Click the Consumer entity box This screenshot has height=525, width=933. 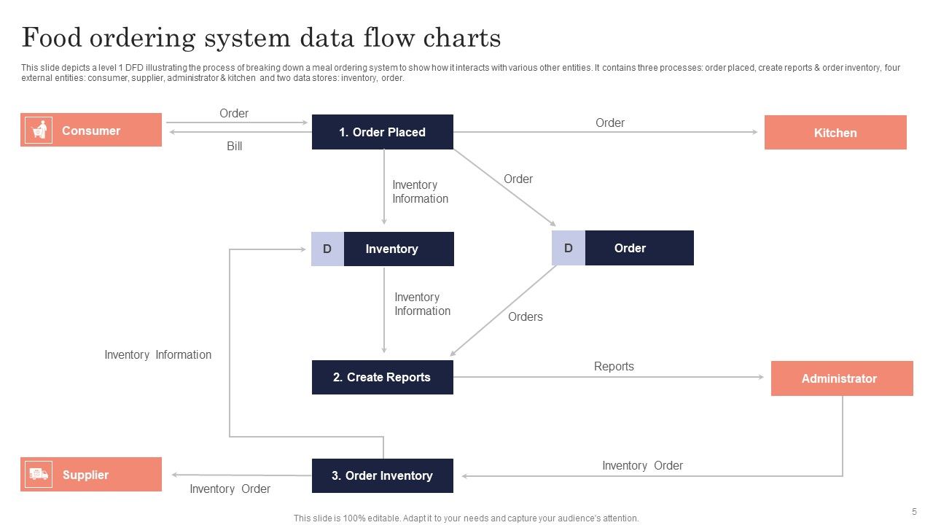pyautogui.click(x=91, y=131)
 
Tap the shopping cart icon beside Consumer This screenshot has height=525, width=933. pyautogui.click(x=39, y=131)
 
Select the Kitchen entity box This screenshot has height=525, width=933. pyautogui.click(x=835, y=133)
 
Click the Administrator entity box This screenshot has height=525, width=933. pyautogui.click(x=842, y=378)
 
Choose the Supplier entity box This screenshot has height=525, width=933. pyautogui.click(x=91, y=475)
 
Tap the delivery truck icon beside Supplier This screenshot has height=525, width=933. pyautogui.click(x=39, y=475)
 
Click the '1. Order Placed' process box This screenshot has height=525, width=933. pyautogui.click(x=382, y=132)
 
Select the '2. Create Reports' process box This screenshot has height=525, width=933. pyautogui.click(x=382, y=377)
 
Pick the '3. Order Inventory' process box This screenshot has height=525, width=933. pyautogui.click(x=382, y=475)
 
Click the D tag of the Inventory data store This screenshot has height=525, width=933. pyautogui.click(x=327, y=249)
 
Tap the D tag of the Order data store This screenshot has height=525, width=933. pyautogui.click(x=568, y=248)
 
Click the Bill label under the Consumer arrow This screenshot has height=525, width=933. pyautogui.click(x=234, y=147)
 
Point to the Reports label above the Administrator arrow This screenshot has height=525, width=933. pyautogui.click(x=614, y=366)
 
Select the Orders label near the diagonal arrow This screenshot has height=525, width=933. pyautogui.click(x=525, y=316)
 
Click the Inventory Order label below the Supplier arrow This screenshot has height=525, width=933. pyautogui.click(x=230, y=489)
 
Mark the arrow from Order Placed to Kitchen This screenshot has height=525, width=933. pyautogui.click(x=605, y=132)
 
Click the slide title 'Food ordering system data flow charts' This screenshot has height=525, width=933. pyautogui.click(x=261, y=37)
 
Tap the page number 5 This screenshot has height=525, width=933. pyautogui.click(x=914, y=512)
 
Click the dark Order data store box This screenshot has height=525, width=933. pyautogui.click(x=639, y=248)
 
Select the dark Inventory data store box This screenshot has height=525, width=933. pyautogui.click(x=398, y=249)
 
